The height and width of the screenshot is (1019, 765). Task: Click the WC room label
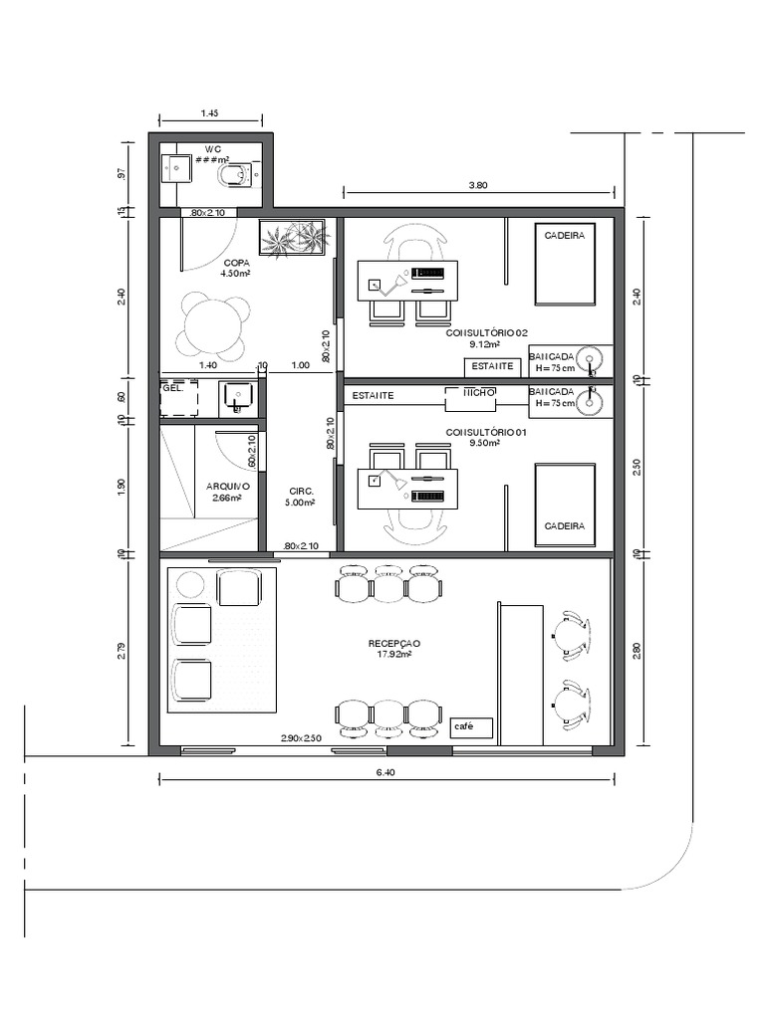[212, 148]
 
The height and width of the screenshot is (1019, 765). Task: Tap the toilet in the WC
[236, 176]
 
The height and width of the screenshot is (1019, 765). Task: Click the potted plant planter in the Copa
[294, 238]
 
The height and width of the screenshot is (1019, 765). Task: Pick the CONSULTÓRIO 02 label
[486, 333]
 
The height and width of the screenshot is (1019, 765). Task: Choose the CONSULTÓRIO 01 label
[486, 432]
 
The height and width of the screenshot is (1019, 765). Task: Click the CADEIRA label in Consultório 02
[565, 235]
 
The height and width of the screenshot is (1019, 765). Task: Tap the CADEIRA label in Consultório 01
[565, 525]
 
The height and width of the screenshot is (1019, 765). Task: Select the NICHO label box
[471, 395]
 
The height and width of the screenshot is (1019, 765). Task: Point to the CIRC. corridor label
[302, 492]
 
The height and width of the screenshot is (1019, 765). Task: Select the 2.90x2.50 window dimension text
[301, 738]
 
